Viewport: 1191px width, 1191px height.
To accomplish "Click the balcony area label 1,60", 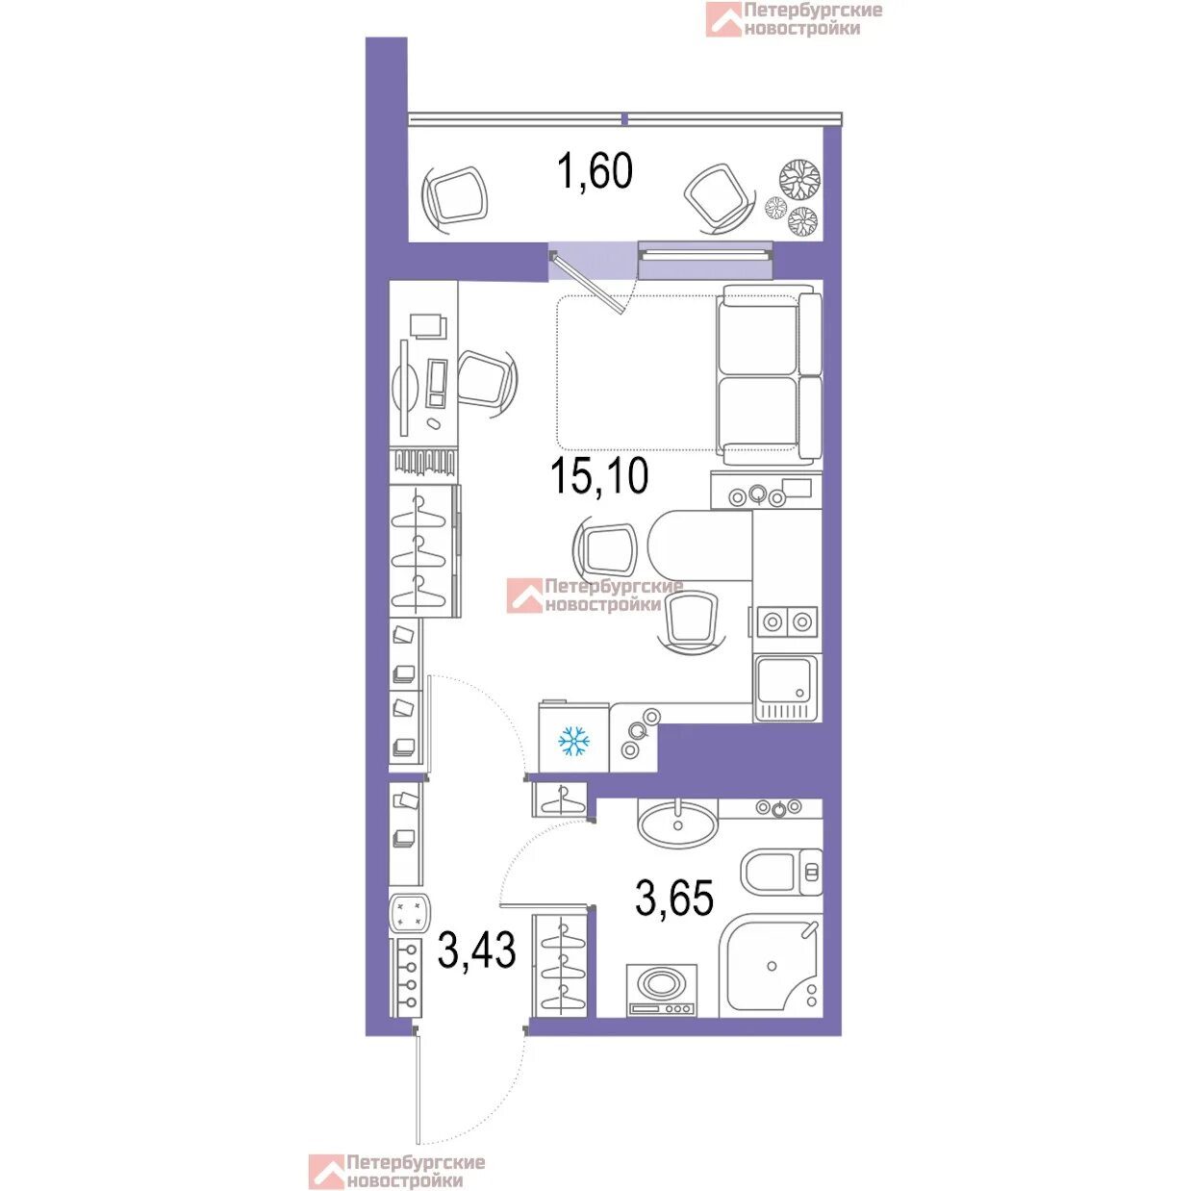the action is pos(595,171).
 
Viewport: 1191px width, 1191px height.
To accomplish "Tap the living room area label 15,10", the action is pos(599,476).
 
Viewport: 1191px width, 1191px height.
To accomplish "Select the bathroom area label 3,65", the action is pos(674,899).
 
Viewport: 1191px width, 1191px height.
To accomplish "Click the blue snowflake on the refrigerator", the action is pos(573,742).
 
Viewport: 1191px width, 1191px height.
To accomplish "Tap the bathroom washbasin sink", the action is pos(678,824).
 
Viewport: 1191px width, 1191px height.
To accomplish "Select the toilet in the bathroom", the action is pos(781,873).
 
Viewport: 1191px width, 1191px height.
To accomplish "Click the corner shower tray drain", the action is pos(771,965).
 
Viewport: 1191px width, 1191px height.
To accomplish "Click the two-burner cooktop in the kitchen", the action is pos(785,621).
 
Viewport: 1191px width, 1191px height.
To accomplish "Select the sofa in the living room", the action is pos(769,374).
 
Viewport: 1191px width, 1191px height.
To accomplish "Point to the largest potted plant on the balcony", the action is pos(799,179).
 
